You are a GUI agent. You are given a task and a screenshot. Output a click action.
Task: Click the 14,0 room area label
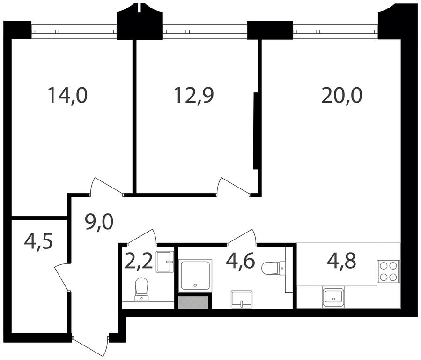(67, 96)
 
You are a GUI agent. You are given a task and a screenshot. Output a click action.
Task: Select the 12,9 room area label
(194, 96)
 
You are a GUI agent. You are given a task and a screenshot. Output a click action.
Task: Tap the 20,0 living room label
(341, 96)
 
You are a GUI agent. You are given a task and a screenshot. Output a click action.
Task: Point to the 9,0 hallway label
(99, 222)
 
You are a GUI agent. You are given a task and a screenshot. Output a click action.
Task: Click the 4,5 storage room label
(38, 241)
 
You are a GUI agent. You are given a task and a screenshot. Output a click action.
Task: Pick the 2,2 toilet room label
(139, 261)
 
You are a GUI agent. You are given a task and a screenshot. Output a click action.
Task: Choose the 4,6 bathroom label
(240, 261)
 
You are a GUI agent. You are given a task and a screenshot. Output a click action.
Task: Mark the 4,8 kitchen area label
(341, 261)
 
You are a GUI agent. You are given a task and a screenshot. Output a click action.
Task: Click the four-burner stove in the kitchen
(388, 271)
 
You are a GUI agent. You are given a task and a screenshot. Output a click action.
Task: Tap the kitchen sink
(334, 297)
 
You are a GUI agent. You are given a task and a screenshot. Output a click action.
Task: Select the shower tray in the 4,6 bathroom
(195, 275)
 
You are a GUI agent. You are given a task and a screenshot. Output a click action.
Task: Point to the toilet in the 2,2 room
(141, 289)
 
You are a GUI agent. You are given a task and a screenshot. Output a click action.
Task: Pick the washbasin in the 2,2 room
(164, 262)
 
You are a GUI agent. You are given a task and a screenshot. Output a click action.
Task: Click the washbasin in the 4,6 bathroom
(242, 299)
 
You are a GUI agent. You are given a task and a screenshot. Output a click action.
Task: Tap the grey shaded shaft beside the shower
(193, 302)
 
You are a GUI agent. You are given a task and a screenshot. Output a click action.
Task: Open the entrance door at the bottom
(90, 346)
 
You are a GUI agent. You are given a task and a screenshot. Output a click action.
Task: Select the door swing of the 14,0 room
(106, 186)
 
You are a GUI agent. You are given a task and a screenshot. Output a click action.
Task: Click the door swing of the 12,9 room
(234, 186)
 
